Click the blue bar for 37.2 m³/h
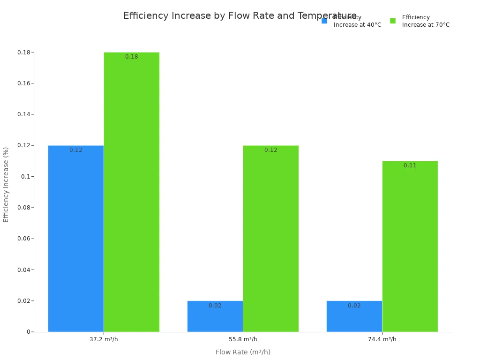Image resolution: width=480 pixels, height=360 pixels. (75, 239)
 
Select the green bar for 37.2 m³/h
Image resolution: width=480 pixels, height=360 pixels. (131, 192)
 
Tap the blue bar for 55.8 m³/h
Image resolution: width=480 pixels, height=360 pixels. (215, 316)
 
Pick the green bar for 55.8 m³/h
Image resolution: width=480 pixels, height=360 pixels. (270, 239)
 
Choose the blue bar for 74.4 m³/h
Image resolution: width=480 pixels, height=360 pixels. (354, 316)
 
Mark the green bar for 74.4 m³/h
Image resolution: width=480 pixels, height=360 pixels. (410, 247)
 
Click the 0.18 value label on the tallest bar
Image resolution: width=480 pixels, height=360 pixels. (131, 57)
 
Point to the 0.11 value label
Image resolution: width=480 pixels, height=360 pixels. (410, 165)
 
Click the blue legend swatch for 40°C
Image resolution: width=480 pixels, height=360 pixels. (324, 21)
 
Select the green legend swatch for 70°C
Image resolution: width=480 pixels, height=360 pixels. (393, 21)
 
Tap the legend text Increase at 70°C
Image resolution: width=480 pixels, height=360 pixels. (426, 25)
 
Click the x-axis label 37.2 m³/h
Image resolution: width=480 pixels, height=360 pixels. (104, 339)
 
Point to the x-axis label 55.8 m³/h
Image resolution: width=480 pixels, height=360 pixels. (243, 339)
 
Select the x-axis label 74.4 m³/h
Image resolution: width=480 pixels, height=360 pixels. (382, 339)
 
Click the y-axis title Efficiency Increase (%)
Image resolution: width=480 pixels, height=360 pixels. (6, 184)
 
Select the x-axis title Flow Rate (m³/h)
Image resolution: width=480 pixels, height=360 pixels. (243, 352)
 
